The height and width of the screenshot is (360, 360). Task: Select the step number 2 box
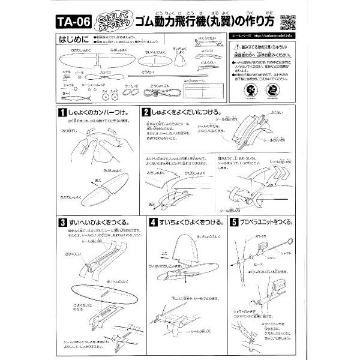coord(146,112)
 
